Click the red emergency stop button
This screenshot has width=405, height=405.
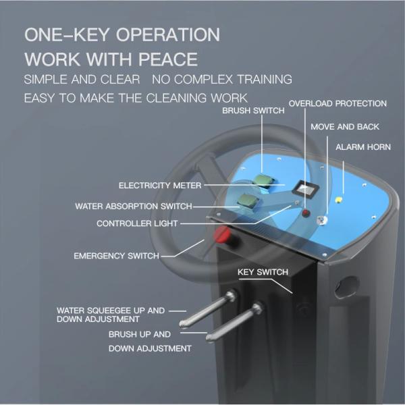click(223, 235)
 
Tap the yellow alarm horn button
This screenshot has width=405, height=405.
click(338, 200)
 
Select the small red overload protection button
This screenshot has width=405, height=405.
click(306, 213)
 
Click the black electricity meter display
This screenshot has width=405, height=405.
click(305, 188)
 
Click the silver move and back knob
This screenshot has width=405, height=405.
click(322, 220)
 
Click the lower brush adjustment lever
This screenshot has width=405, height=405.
click(234, 322)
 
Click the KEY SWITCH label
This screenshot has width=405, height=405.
click(263, 272)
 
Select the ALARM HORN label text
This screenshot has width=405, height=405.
click(363, 147)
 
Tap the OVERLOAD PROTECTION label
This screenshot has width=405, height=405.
click(337, 103)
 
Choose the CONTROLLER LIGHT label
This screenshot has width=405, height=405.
click(137, 223)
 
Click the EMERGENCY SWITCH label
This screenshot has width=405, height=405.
click(117, 256)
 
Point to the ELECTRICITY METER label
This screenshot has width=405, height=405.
click(160, 186)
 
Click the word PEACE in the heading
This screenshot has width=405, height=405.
click(168, 59)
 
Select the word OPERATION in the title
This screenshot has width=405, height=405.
click(168, 34)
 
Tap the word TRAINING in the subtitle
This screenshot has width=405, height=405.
click(265, 79)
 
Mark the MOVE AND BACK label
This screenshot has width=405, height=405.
click(345, 127)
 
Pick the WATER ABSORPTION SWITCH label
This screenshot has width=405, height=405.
click(134, 206)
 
